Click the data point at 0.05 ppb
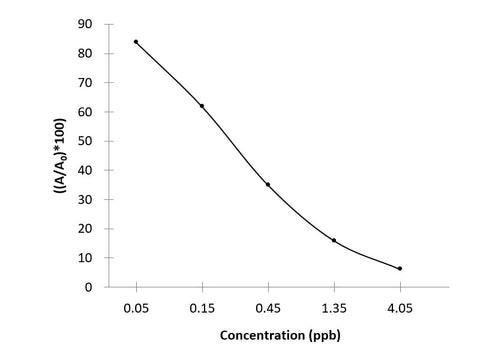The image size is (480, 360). [136, 42]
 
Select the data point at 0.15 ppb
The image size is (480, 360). [202, 106]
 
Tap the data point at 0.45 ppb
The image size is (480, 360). [268, 184]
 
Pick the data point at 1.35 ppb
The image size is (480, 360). [334, 240]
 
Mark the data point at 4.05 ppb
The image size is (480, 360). [400, 268]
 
